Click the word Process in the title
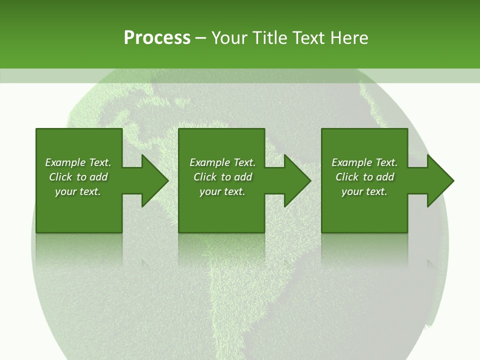(157, 38)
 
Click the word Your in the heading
(230, 38)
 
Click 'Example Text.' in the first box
(78, 162)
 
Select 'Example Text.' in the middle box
(222, 162)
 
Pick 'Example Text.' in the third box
(364, 162)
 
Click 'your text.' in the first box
(78, 191)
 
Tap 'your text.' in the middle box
(222, 191)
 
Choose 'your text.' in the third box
(364, 191)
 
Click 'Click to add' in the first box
(78, 177)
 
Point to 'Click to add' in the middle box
(222, 177)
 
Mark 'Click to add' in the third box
(364, 177)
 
